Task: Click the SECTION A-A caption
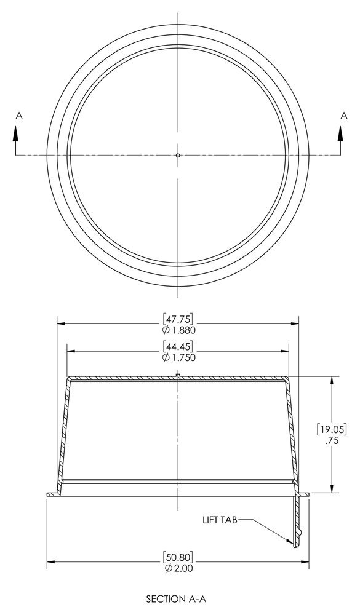pos(178,597)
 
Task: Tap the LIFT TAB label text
pos(220,520)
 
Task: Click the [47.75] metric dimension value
pos(178,319)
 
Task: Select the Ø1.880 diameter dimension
pos(178,330)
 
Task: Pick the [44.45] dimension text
pos(178,346)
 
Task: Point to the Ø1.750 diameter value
pos(178,357)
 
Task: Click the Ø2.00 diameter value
pos(178,568)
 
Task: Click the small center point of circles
pos(178,156)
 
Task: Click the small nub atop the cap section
pos(178,374)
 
